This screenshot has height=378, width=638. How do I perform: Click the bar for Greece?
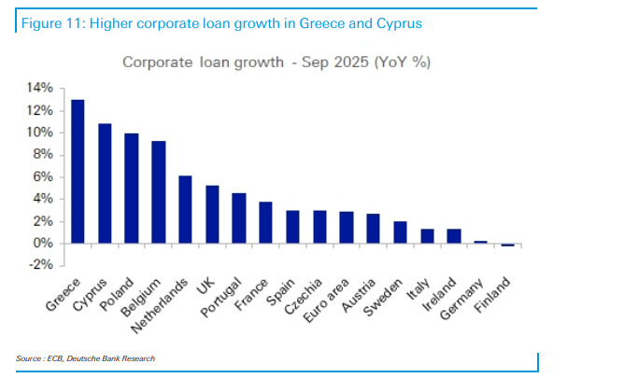point(78,172)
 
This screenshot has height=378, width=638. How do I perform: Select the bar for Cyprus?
point(105,184)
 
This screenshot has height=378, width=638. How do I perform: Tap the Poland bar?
point(132,189)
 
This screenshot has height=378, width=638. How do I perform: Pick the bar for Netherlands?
point(185,210)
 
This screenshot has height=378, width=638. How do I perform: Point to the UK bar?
point(212,215)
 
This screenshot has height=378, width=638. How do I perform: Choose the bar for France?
point(265,223)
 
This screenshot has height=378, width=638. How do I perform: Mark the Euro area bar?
point(319,228)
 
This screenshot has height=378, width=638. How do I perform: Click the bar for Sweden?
point(373,232)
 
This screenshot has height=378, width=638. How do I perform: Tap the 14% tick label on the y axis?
point(39,88)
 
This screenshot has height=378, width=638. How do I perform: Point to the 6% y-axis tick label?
point(43,176)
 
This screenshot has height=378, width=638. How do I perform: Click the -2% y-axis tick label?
point(41,265)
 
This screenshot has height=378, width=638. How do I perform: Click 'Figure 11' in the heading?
point(47,21)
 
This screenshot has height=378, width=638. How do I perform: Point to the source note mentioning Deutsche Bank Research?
point(85,358)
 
